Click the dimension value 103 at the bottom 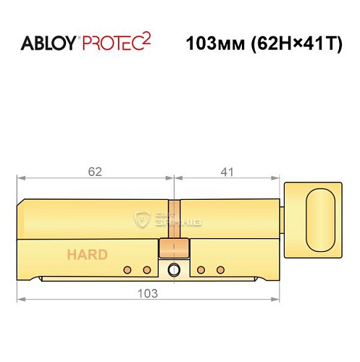(148, 293)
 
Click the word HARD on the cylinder (88, 254)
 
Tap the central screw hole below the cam (174, 271)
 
